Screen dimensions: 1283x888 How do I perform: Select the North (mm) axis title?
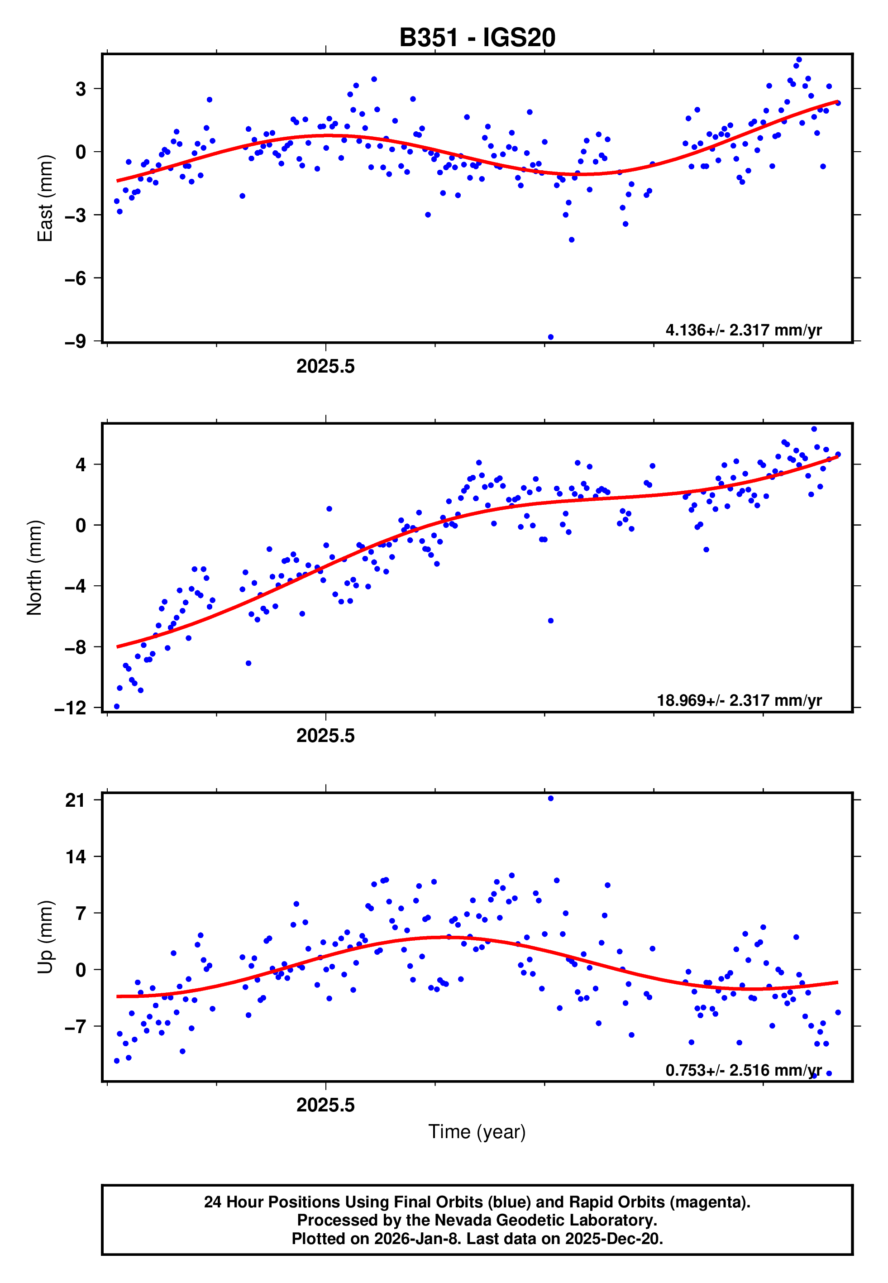pos(34,568)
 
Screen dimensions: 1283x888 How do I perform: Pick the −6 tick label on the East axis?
pos(75,278)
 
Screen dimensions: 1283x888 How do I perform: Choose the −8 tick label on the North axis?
pos(75,647)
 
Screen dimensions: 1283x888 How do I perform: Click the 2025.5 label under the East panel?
pos(325,366)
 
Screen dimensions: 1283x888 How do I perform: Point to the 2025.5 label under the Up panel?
pos(325,1105)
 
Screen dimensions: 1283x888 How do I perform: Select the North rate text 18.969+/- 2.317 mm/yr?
pos(739,700)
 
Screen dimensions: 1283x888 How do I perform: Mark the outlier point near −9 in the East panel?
pos(551,337)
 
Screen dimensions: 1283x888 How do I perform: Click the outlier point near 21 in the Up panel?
pos(551,799)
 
